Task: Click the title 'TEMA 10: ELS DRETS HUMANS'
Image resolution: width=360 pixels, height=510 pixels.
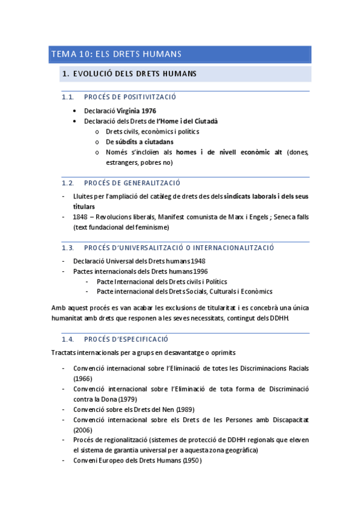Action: click(x=117, y=55)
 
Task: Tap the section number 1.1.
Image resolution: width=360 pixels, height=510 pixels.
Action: click(x=67, y=97)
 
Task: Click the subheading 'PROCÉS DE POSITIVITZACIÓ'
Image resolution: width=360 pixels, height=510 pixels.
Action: click(x=130, y=97)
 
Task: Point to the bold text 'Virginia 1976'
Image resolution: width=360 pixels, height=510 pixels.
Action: click(x=136, y=111)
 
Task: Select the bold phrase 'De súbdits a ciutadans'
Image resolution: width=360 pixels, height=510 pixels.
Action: click(x=139, y=141)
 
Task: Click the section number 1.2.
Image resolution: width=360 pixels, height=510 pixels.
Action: click(x=67, y=183)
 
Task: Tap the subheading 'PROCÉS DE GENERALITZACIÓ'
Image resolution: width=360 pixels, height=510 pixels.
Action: click(x=132, y=183)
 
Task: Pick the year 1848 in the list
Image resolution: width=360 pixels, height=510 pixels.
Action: click(x=81, y=217)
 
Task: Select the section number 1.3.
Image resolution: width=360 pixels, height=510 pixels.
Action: click(x=67, y=247)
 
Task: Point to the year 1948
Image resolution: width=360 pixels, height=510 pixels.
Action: click(x=198, y=261)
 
